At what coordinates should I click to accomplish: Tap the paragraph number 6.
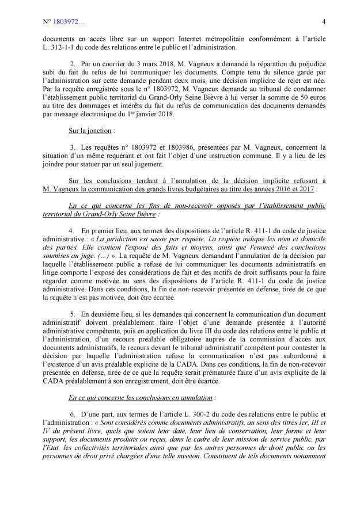click(x=72, y=415)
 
